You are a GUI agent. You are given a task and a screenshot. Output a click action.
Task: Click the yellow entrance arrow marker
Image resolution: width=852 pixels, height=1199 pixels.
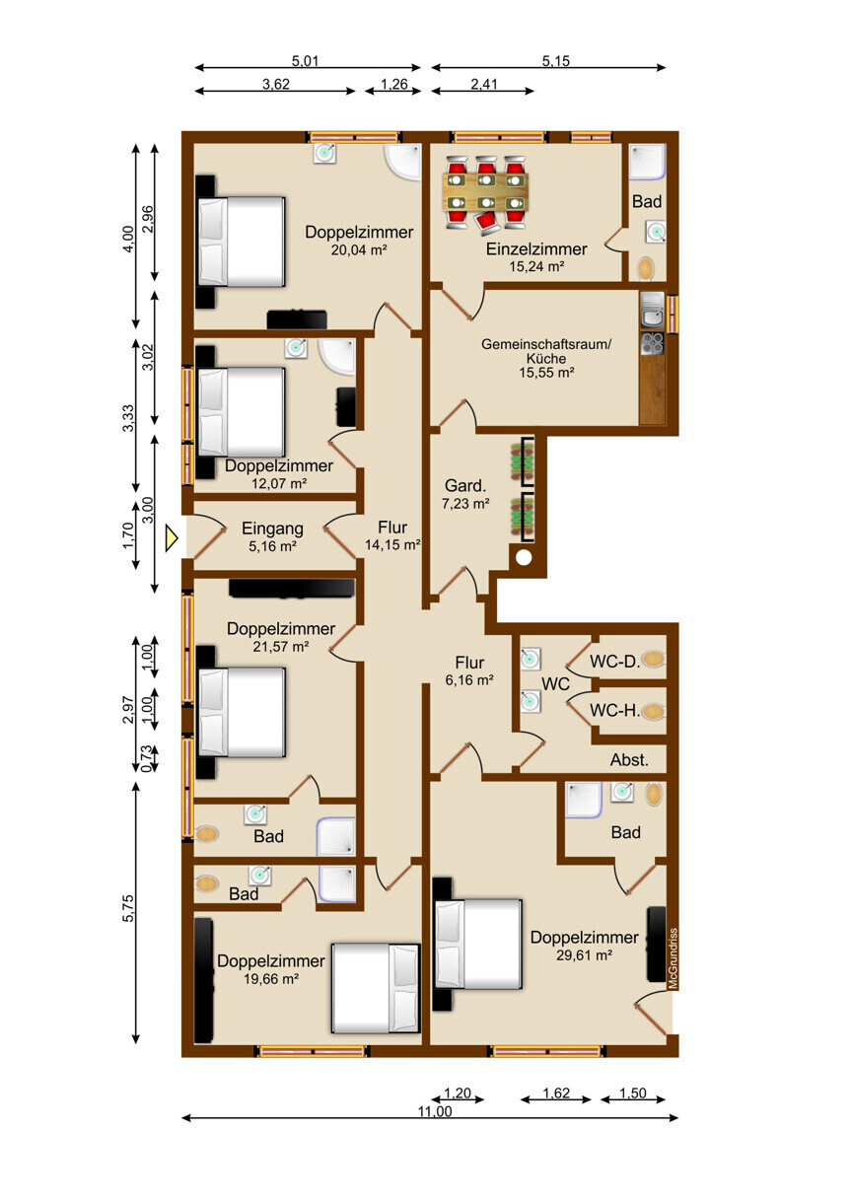(x=171, y=538)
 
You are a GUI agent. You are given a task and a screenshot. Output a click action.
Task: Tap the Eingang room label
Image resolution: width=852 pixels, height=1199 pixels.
(x=272, y=529)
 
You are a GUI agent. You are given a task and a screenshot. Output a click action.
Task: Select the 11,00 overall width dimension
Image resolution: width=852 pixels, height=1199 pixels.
(x=435, y=1111)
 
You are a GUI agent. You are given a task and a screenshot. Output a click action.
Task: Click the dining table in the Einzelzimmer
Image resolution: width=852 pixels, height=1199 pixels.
(x=485, y=192)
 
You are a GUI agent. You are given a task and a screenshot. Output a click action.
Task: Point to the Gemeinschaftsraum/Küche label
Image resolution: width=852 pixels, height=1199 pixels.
(x=546, y=351)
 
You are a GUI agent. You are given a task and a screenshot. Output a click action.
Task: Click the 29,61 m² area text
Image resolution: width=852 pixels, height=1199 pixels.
(x=584, y=954)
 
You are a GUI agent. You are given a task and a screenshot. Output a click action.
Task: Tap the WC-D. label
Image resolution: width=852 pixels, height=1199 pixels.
(x=615, y=662)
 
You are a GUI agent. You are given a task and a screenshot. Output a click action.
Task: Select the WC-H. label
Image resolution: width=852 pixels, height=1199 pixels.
(x=615, y=710)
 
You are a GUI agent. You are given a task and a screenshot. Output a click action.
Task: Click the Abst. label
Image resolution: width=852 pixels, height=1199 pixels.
(x=629, y=760)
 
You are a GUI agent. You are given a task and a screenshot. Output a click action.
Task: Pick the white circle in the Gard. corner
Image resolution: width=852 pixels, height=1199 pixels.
(x=524, y=558)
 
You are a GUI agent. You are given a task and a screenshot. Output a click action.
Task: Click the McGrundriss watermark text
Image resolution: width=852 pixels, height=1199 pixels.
(x=673, y=957)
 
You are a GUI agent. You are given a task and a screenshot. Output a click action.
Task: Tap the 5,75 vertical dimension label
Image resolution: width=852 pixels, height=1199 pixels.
(x=128, y=908)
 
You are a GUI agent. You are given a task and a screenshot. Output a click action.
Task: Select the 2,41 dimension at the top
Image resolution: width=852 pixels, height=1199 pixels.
(x=484, y=84)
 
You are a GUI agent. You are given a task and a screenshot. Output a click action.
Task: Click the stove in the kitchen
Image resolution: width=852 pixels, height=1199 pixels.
(x=652, y=343)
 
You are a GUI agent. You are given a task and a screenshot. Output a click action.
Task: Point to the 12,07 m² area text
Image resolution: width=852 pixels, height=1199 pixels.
(x=279, y=483)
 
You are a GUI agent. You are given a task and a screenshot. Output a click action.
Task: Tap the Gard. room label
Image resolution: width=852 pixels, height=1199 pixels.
(x=465, y=485)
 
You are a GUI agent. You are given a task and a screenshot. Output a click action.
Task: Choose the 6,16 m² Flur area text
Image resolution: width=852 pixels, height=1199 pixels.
(x=469, y=680)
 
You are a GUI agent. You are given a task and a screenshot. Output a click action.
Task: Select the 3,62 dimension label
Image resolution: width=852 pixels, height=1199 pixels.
(x=276, y=84)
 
